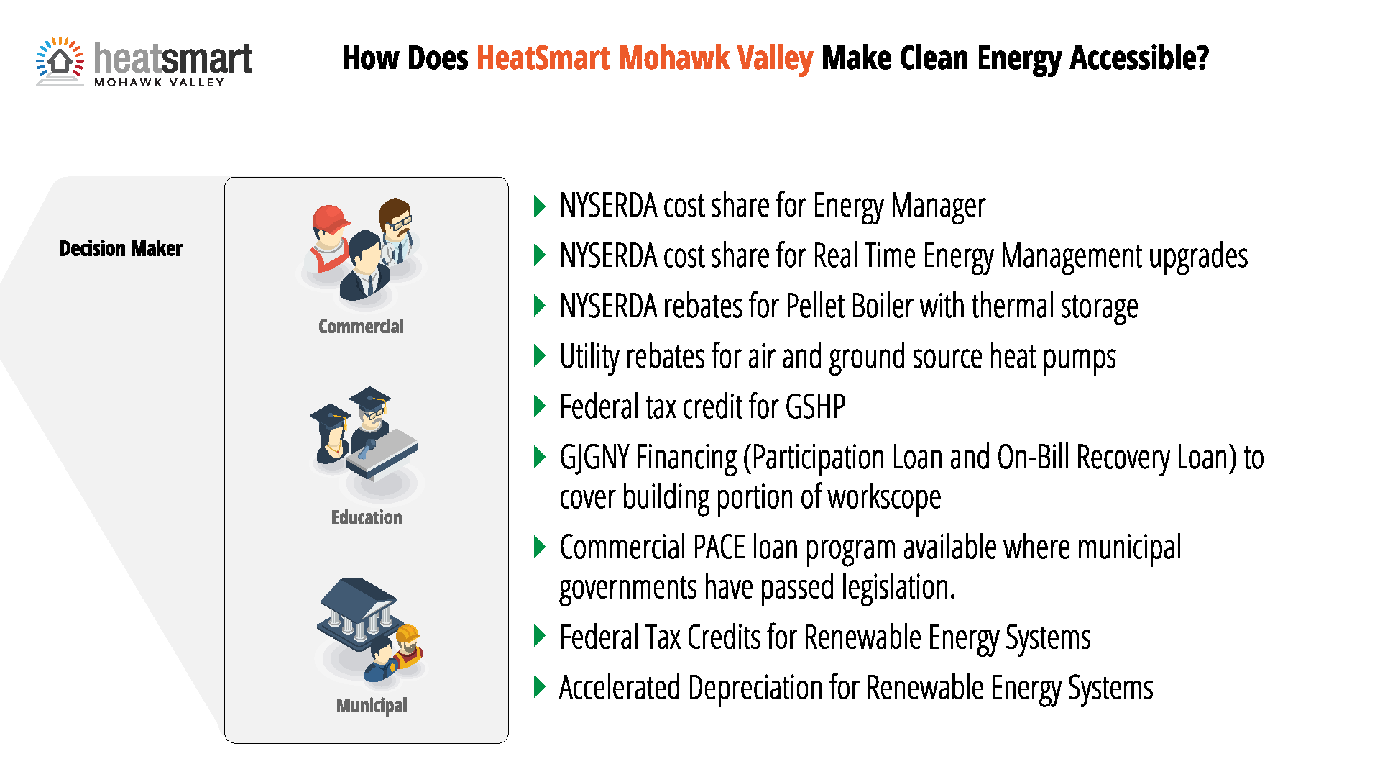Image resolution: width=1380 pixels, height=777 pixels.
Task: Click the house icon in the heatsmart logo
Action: tap(60, 61)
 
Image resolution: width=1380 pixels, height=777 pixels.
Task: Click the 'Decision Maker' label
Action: tap(121, 249)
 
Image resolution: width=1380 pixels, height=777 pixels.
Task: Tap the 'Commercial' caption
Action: tap(361, 327)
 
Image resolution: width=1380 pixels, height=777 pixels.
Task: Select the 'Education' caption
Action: tap(367, 517)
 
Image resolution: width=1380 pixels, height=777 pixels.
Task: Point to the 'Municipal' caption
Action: tap(372, 706)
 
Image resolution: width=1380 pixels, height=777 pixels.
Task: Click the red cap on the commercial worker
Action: tap(330, 218)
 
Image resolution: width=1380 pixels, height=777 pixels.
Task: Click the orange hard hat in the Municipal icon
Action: tap(408, 634)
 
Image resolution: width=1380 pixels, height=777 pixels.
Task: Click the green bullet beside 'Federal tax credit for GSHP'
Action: tap(540, 406)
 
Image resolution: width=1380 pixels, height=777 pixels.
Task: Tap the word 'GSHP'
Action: tap(815, 407)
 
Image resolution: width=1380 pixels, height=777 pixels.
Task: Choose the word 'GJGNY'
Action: tap(594, 458)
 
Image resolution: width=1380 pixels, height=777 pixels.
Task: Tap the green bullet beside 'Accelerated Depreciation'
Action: tap(540, 687)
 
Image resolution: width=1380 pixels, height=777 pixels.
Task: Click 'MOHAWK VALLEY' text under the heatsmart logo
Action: tap(160, 83)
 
